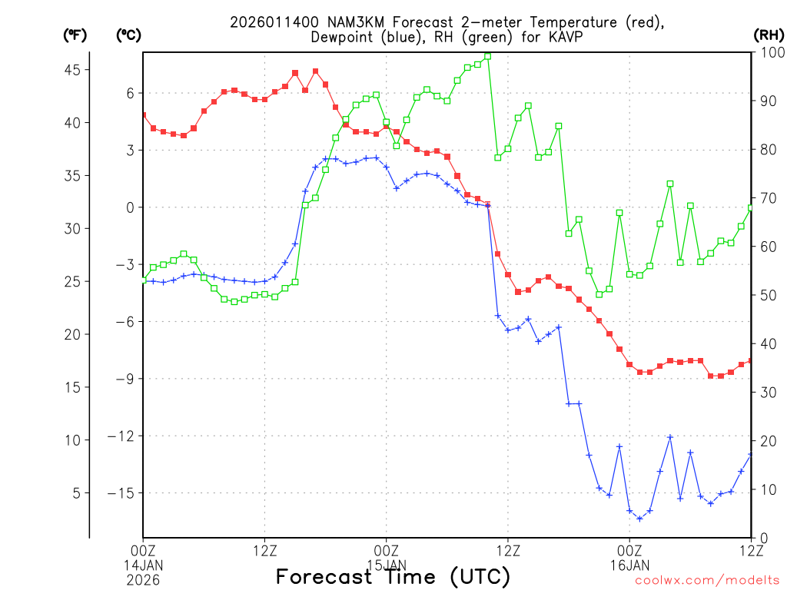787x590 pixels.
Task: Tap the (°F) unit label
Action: tap(75, 35)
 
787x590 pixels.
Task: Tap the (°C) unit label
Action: tap(128, 35)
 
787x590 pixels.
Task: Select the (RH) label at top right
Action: tap(769, 35)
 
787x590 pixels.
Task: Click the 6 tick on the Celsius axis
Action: tap(130, 93)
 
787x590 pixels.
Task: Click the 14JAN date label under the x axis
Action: tap(143, 565)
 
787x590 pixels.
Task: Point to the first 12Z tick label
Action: tap(264, 550)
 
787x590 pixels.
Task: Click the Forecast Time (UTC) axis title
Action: tap(393, 576)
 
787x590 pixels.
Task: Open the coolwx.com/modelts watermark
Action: tap(707, 581)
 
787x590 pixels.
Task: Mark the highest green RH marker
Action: tap(488, 56)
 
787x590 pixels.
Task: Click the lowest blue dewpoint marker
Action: tap(639, 519)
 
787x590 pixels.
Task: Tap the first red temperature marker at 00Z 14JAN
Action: tap(143, 115)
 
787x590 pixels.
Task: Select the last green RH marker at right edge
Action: tap(751, 208)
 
